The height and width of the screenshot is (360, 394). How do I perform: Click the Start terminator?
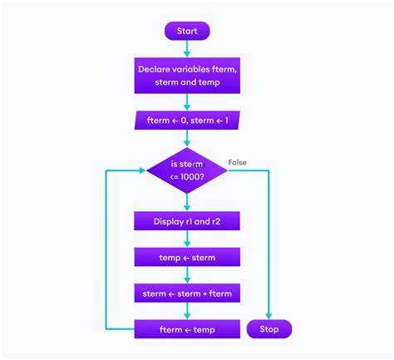click(x=187, y=32)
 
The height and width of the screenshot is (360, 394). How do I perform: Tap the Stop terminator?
click(x=269, y=329)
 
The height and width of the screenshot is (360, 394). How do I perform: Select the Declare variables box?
click(x=187, y=76)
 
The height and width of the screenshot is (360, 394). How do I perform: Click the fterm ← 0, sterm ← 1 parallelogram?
click(x=187, y=121)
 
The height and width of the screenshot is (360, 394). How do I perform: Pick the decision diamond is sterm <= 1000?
click(x=187, y=170)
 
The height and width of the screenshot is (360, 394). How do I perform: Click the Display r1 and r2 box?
click(x=187, y=221)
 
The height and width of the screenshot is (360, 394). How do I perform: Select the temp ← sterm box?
click(x=187, y=257)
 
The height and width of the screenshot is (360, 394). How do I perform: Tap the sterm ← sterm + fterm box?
click(x=187, y=293)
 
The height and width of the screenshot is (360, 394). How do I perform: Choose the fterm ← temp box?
click(x=187, y=329)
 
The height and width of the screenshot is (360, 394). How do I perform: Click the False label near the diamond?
click(x=238, y=162)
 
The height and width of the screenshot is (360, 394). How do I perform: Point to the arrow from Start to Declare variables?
click(x=187, y=49)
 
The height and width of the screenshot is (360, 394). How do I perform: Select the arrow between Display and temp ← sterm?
click(x=187, y=239)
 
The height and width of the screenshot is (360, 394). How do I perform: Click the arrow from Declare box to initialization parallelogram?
click(x=187, y=101)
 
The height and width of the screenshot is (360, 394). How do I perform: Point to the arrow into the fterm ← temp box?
click(x=187, y=312)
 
